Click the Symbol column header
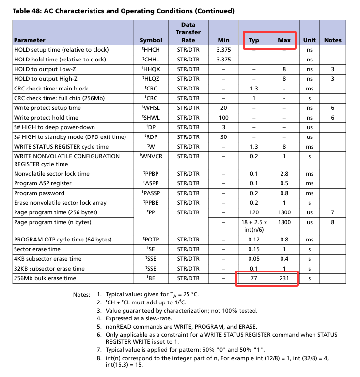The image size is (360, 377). pos(151,40)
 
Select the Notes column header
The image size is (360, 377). pos(332,40)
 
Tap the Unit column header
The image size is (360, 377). pos(309,40)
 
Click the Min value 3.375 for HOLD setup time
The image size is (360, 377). pos(223,50)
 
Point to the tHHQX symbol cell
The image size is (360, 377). pos(151,69)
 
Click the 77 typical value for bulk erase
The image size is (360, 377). pos(254,278)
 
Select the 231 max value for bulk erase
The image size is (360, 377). pos(284,278)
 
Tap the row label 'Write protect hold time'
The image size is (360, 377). pos(46,118)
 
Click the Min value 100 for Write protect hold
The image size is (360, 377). pos(223,118)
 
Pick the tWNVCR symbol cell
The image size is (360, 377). pos(151,156)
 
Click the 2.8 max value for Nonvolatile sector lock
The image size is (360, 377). pos(284,174)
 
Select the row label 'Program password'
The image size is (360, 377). pos(39,193)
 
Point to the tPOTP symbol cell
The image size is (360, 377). pos(151,240)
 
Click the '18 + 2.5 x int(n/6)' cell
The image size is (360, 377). pos(254,226)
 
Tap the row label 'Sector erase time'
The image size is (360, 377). pos(37,249)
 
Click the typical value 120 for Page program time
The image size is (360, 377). pos(254,212)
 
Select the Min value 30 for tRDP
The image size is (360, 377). pos(223,137)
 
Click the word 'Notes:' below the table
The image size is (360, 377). pos(81,295)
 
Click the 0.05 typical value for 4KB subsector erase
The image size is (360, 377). pos(254,259)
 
